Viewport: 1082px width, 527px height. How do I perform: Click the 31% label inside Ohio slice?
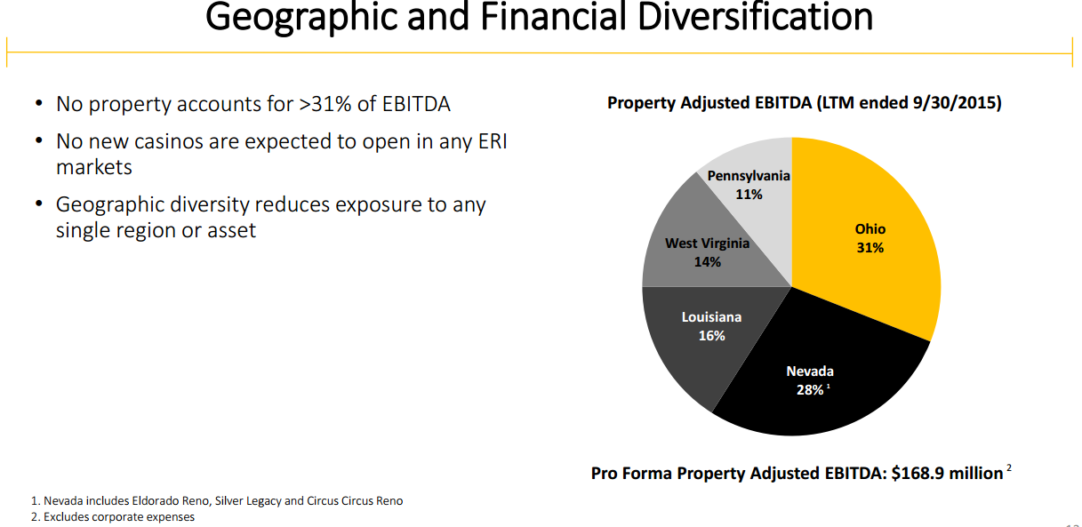(870, 248)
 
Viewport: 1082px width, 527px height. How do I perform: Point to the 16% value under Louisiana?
(711, 336)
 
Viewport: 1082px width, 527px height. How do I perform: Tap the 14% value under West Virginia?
(708, 262)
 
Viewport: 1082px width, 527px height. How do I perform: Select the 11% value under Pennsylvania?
(749, 194)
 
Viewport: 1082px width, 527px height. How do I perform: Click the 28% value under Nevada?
(808, 390)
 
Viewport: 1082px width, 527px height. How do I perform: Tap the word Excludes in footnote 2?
(68, 517)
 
